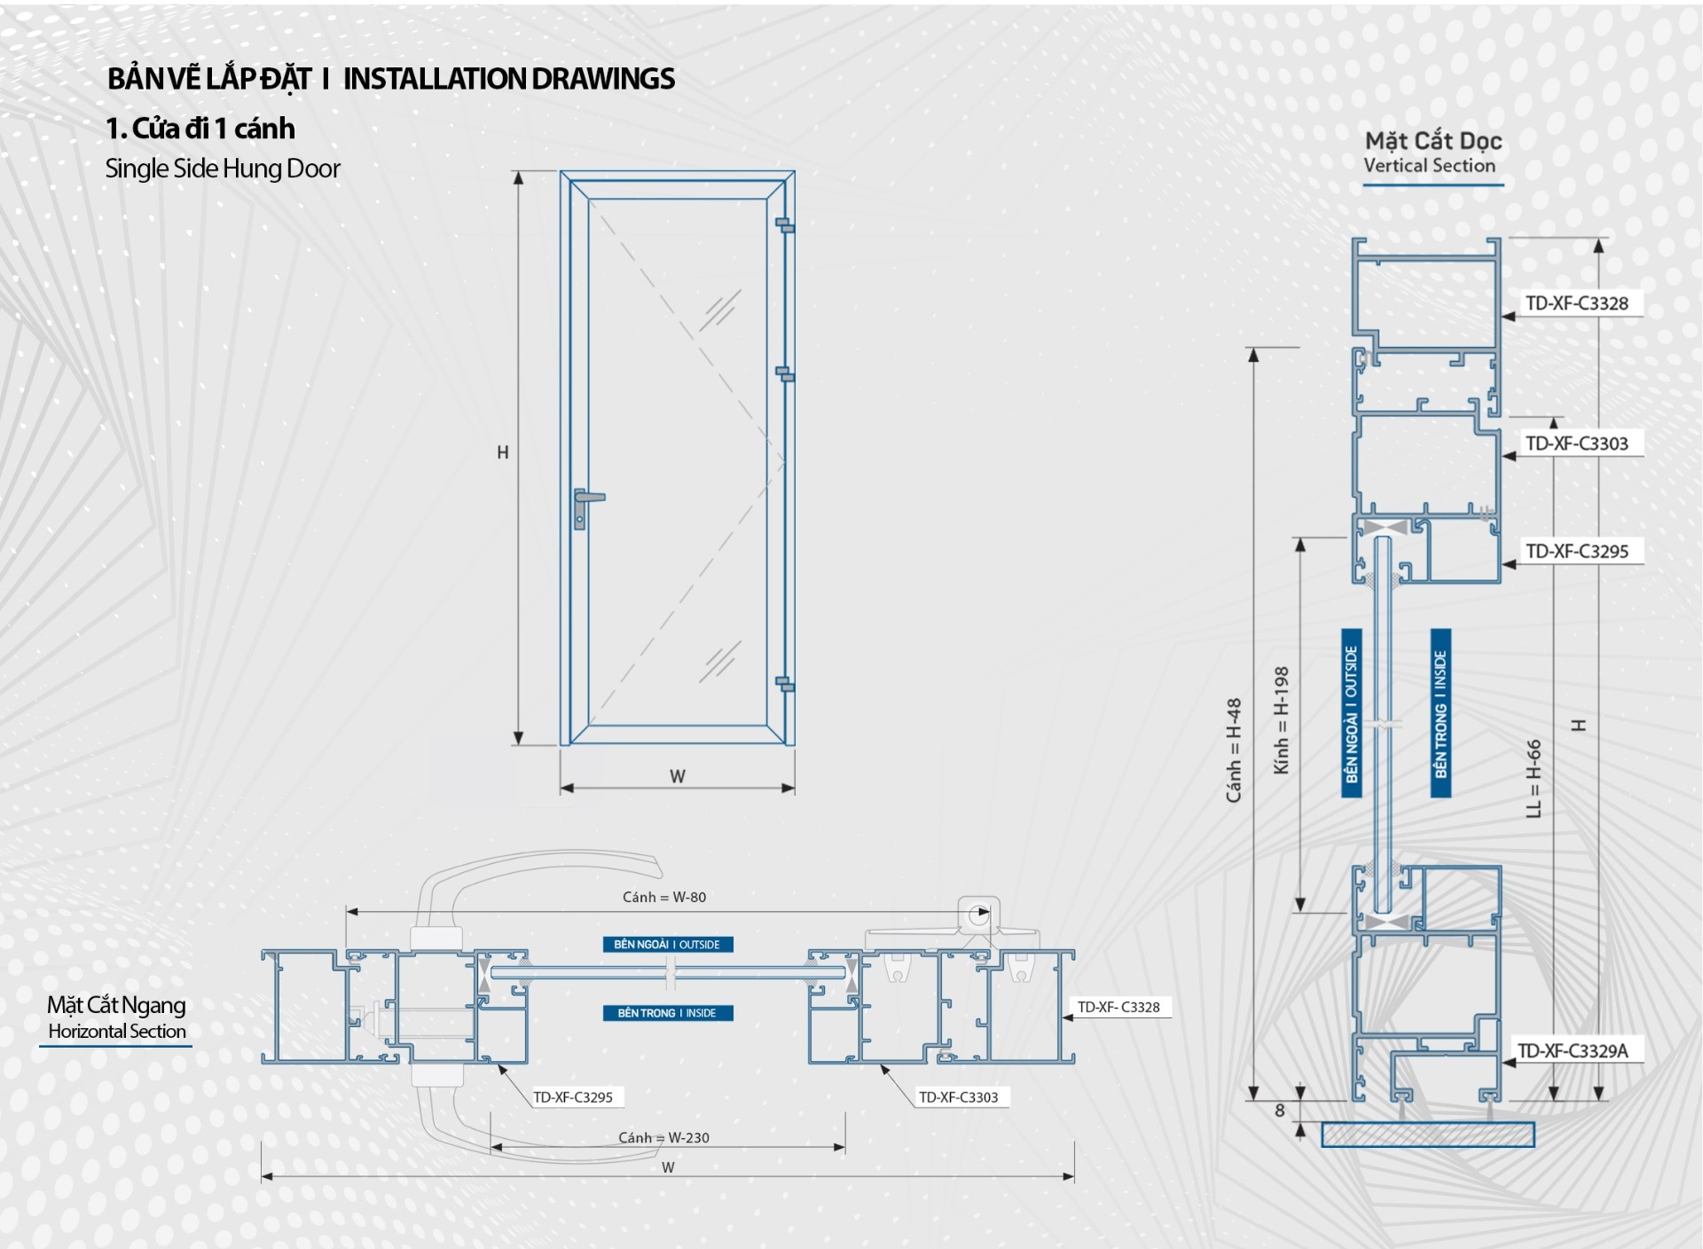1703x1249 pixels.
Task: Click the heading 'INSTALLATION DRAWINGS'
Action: [x=508, y=79]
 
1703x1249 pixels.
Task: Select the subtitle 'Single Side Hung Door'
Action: [x=223, y=169]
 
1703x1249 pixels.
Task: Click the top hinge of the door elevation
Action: [x=785, y=224]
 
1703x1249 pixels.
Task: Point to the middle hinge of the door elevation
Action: [x=785, y=374]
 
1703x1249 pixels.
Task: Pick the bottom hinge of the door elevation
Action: [x=785, y=684]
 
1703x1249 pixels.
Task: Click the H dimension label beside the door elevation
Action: [x=503, y=452]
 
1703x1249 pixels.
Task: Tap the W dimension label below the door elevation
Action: [x=678, y=776]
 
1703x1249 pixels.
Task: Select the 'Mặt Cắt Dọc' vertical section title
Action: [x=1432, y=141]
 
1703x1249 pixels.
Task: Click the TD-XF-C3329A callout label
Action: [x=1573, y=1051]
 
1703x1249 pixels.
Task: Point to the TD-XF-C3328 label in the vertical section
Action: [x=1576, y=303]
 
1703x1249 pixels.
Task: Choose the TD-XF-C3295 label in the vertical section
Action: [x=1576, y=551]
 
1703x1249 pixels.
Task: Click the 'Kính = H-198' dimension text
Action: [x=1281, y=720]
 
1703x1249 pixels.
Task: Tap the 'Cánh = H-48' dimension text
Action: [x=1234, y=750]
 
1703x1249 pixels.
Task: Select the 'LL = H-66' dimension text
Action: [x=1534, y=778]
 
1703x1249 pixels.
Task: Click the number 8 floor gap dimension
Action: [x=1279, y=1110]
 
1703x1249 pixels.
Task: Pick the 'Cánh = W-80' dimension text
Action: [x=664, y=897]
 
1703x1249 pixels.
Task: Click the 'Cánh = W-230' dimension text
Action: [x=663, y=1137]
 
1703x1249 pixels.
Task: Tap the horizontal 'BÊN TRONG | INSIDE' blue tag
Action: [x=667, y=1013]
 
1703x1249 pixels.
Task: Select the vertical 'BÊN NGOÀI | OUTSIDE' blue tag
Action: [x=1351, y=714]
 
